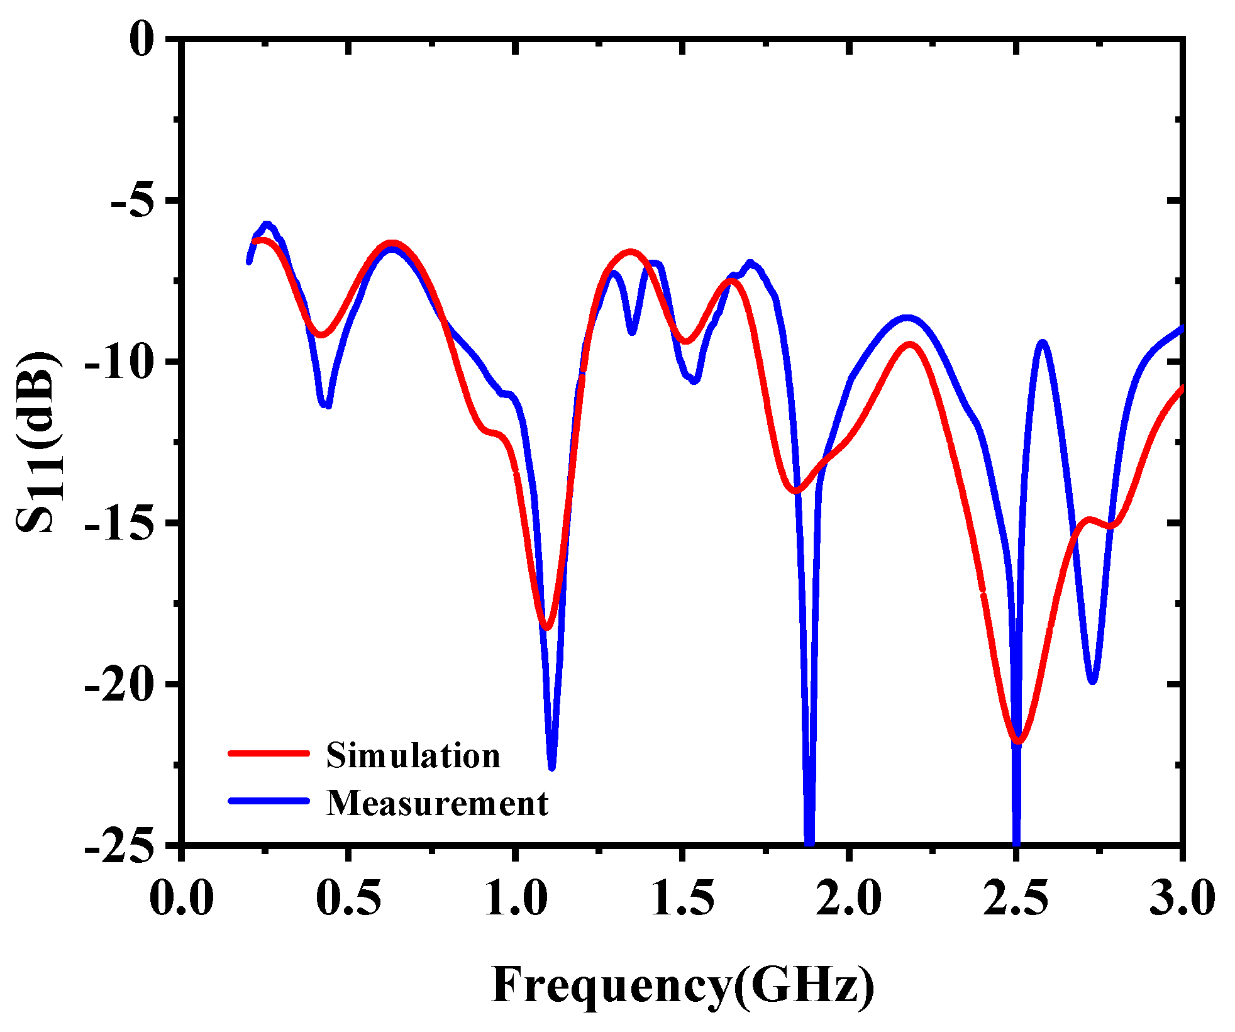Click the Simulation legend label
pos(413,755)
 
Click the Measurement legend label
pos(438,804)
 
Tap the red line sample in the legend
pos(269,753)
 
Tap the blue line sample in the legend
pos(269,801)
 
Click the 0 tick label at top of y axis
pos(142,40)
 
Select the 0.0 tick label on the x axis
pos(182,898)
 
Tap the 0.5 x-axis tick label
pos(348,898)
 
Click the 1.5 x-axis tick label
pos(682,898)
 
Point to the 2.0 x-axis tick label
pos(849,898)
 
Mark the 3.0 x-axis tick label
pos(1182,898)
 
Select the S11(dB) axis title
pos(39,441)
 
